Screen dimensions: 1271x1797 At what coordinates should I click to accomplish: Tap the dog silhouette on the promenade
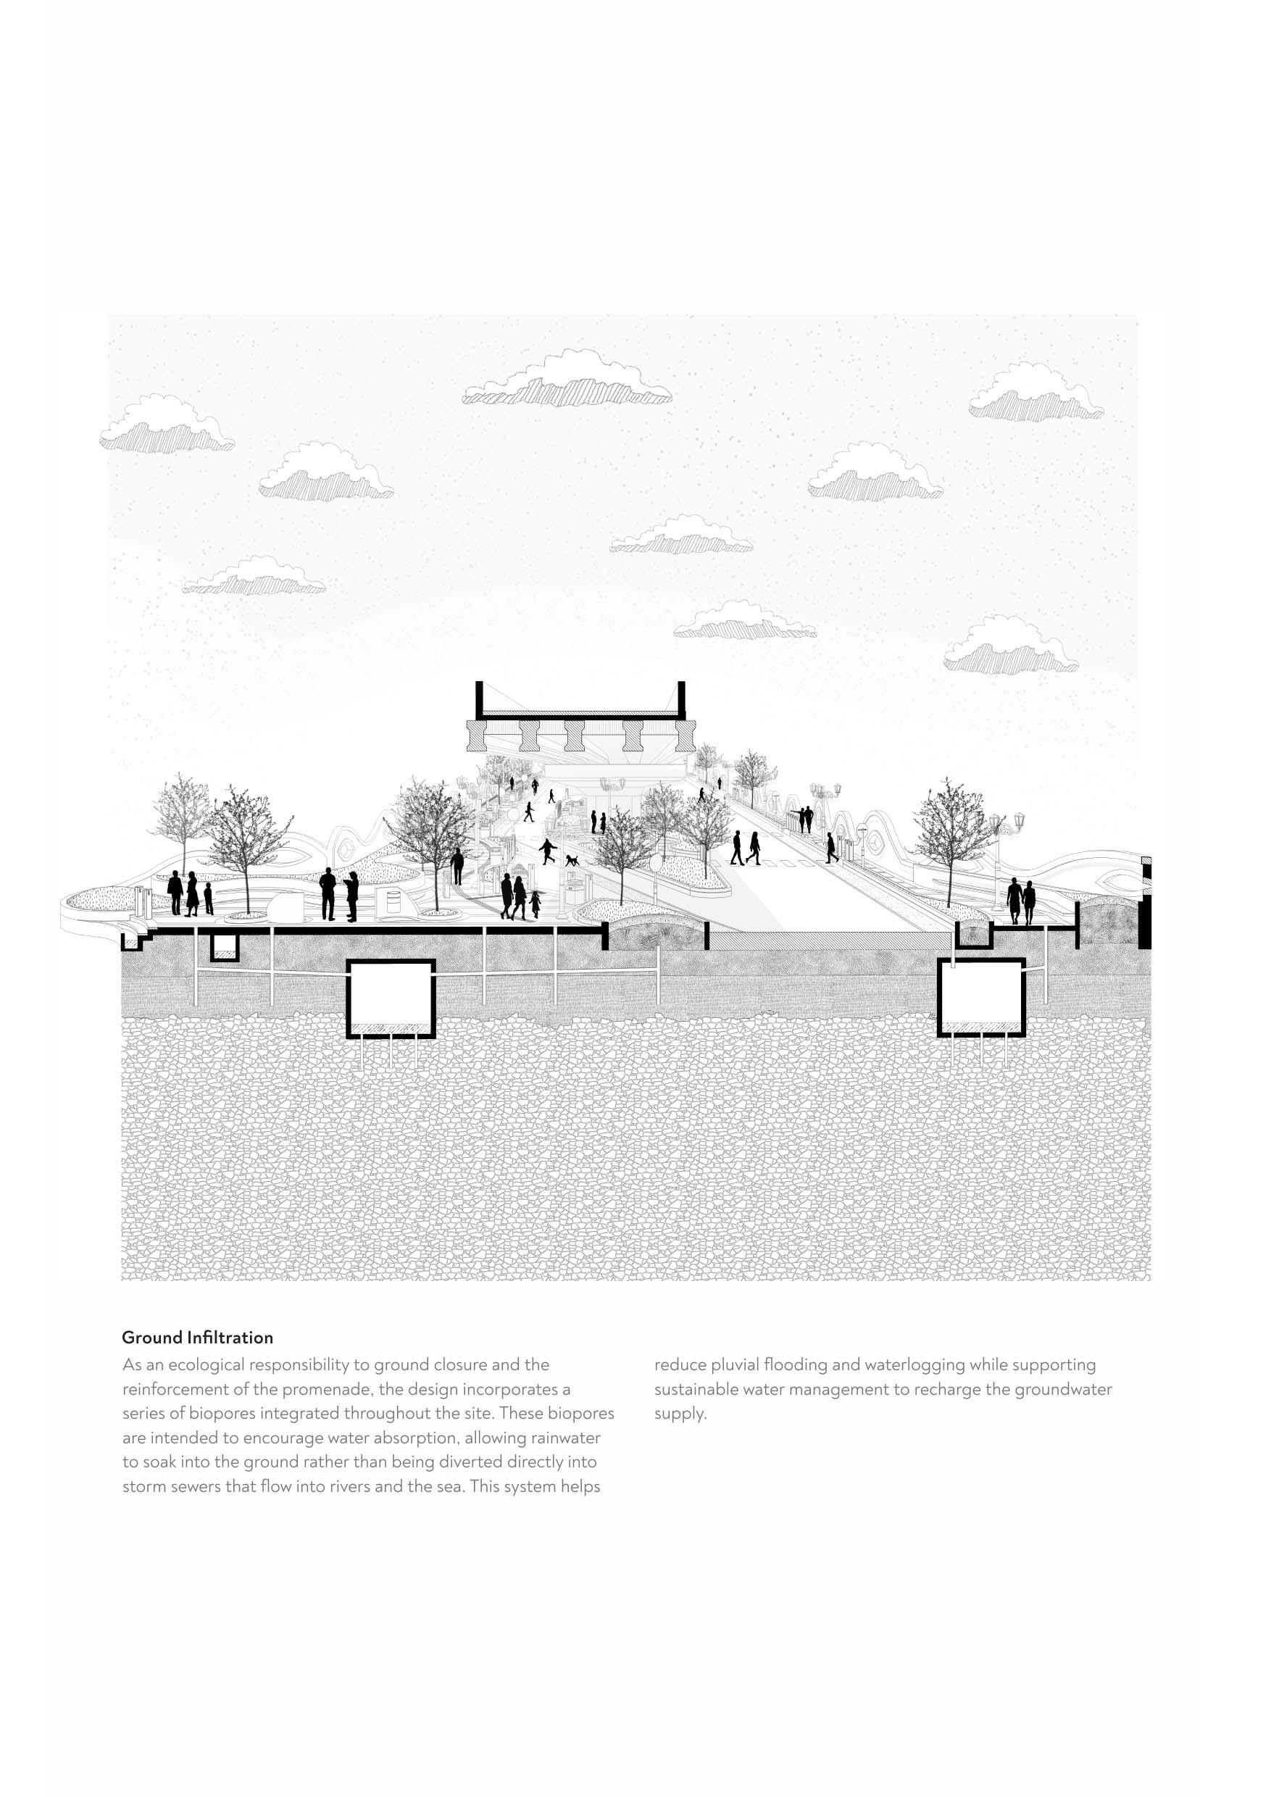pos(573,859)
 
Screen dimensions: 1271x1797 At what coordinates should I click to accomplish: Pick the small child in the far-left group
pos(208,898)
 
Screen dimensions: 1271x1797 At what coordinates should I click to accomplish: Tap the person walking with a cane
pos(457,867)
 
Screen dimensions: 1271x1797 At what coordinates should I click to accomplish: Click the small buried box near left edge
pos(225,947)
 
